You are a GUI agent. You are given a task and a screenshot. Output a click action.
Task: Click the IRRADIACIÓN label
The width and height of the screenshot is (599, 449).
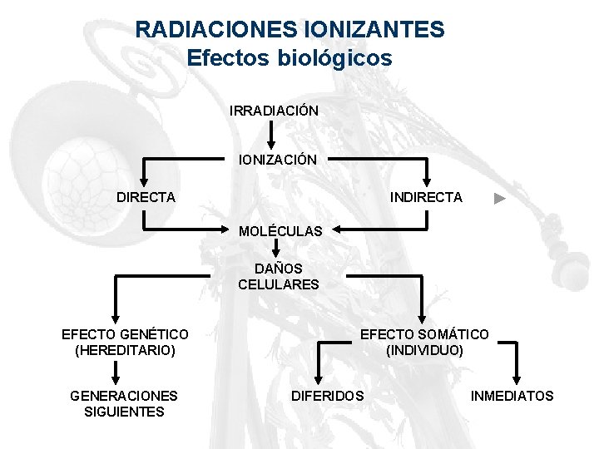tap(274, 111)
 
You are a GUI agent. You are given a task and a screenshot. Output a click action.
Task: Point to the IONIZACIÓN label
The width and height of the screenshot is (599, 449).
tap(278, 160)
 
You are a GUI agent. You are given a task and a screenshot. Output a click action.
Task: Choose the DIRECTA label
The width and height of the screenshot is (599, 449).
tap(146, 197)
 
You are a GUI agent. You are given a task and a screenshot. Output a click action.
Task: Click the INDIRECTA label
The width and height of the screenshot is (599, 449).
tap(427, 197)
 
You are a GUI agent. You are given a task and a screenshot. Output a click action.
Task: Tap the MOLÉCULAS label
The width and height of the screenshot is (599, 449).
tap(280, 231)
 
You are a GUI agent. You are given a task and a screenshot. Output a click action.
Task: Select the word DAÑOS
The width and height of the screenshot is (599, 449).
tap(278, 269)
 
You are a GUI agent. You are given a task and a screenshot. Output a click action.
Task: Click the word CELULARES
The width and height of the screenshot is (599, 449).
tap(278, 284)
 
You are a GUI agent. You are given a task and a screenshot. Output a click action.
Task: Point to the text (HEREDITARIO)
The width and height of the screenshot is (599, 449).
tap(125, 350)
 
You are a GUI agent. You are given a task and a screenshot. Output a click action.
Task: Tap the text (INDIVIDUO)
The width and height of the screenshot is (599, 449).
tap(425, 350)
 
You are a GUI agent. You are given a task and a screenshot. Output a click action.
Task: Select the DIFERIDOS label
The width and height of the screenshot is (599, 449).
tap(327, 396)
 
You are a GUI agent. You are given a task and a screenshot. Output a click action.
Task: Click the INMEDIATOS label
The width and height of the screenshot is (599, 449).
tap(512, 396)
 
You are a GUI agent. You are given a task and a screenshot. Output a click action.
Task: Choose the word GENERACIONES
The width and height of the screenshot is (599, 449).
tap(124, 396)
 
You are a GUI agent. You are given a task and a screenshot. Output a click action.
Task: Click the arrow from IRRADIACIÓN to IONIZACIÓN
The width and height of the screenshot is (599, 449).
tap(271, 135)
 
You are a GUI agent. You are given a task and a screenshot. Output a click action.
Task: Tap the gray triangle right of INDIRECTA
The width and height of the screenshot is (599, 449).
tap(498, 199)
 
